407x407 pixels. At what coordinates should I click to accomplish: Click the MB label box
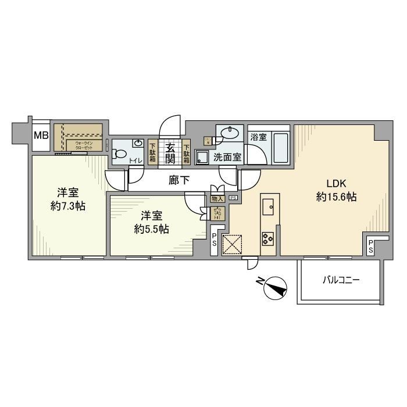[40, 136]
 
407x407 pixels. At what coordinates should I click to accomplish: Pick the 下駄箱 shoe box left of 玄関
[152, 152]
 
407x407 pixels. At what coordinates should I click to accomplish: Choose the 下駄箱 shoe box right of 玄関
[187, 152]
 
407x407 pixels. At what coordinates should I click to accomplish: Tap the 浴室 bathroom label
[258, 138]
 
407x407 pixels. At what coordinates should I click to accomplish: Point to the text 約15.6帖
[336, 197]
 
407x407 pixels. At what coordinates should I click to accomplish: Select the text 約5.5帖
[151, 229]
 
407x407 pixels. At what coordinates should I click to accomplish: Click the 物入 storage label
[217, 199]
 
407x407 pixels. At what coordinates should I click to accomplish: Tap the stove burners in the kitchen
[269, 238]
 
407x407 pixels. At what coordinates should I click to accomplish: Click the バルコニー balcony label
[341, 280]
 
